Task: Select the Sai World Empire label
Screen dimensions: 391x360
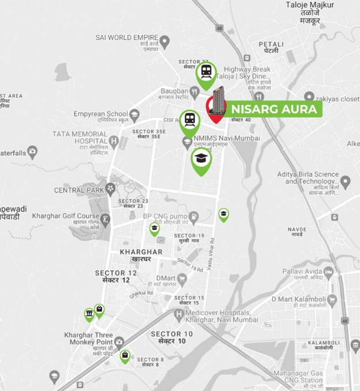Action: click(127, 38)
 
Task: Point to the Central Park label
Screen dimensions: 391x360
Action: click(77, 190)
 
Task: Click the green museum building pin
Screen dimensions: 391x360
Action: click(89, 314)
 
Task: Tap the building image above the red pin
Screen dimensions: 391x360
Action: click(218, 99)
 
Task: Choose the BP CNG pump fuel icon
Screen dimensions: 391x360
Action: click(195, 216)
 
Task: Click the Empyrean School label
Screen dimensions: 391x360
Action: click(100, 114)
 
